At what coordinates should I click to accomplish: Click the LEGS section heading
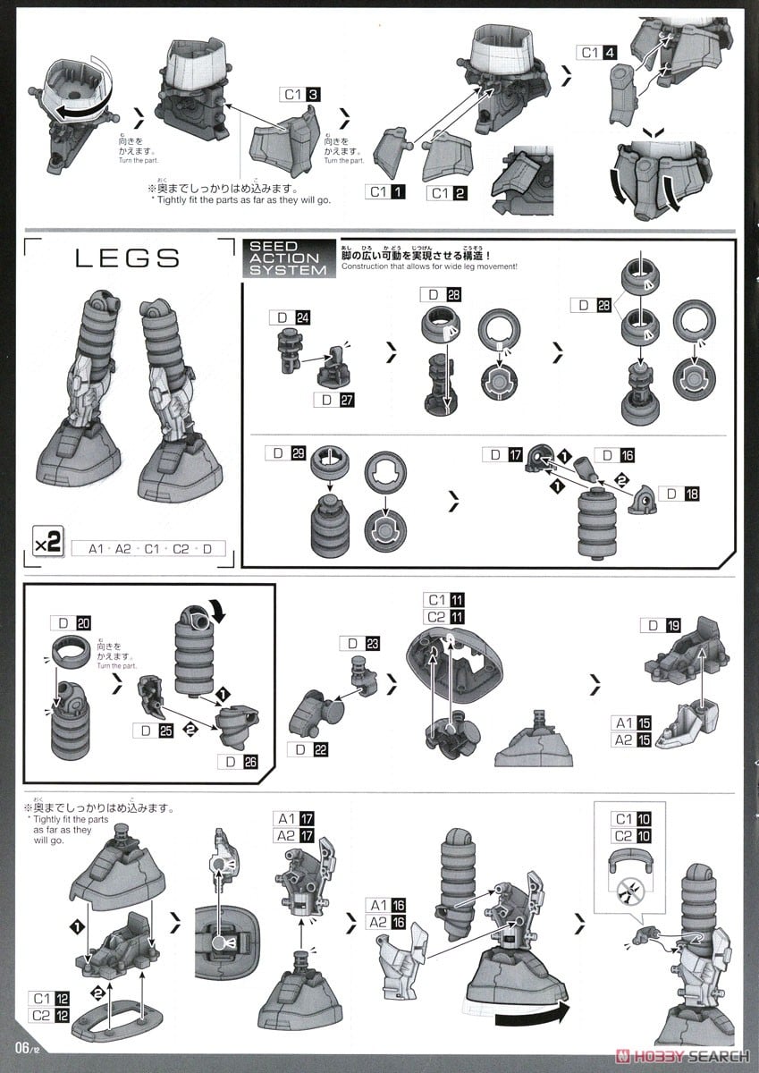(x=127, y=258)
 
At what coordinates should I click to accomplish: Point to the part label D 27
(x=333, y=401)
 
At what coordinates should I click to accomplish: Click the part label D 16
(x=613, y=455)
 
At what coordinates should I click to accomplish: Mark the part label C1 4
(x=598, y=52)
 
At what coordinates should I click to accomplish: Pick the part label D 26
(x=238, y=762)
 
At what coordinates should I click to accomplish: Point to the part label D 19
(x=663, y=626)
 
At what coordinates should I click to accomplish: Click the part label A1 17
(x=296, y=818)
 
